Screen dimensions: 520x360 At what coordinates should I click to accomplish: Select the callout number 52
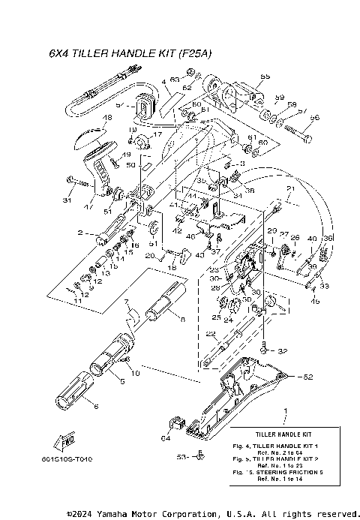307,376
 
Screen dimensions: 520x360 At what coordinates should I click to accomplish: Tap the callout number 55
264,77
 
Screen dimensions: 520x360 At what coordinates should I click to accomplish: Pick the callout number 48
106,118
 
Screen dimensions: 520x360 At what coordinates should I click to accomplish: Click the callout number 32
282,350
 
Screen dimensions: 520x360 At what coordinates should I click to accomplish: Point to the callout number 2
79,233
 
